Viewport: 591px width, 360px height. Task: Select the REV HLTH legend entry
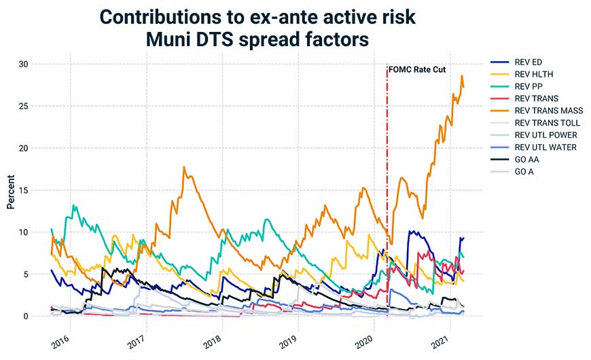[534, 75]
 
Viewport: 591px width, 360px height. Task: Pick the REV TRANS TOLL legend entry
[548, 123]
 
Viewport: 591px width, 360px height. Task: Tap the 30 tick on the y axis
[24, 64]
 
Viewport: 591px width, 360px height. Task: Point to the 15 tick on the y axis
[24, 190]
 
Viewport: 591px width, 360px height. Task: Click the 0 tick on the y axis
[26, 317]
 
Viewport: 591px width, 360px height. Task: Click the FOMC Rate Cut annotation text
[416, 69]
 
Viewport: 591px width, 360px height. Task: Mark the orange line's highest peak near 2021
[462, 75]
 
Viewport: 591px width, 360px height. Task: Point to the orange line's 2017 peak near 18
[184, 166]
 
